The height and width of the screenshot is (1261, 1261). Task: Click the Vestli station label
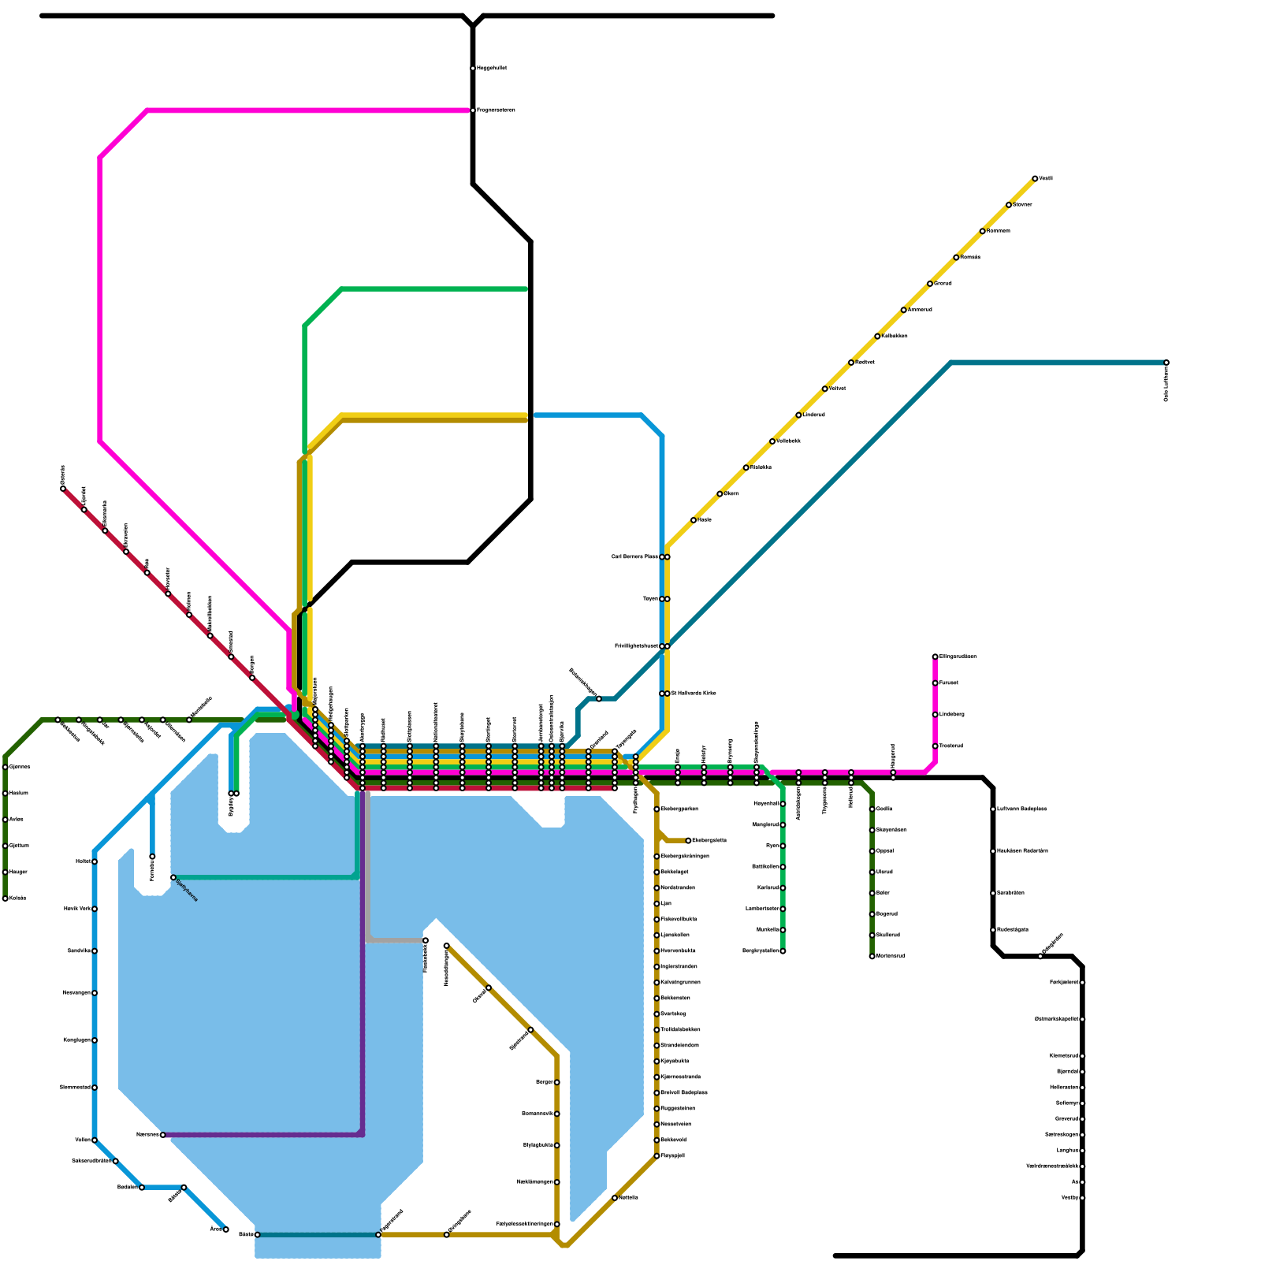(1046, 179)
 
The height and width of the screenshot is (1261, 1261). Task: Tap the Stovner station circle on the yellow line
(1009, 205)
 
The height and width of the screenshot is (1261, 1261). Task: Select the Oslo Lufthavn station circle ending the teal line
(1166, 363)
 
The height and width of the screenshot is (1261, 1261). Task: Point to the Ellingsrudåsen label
(958, 657)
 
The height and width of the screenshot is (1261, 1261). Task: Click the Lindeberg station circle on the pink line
(935, 715)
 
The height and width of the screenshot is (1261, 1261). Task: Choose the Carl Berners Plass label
(634, 557)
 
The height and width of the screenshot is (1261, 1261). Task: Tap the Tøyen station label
(650, 599)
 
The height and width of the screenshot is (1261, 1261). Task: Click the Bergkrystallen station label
(760, 951)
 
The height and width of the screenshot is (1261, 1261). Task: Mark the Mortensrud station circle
(872, 956)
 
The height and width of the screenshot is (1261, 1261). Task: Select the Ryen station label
(772, 846)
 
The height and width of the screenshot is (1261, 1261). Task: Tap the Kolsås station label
(18, 898)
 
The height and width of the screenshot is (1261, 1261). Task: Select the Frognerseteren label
(496, 110)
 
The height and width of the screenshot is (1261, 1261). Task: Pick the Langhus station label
(1067, 1151)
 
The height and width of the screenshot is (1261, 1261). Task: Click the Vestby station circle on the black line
(1082, 1198)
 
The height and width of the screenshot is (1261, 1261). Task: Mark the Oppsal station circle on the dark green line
(872, 851)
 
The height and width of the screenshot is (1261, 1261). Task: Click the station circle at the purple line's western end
(163, 1135)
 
